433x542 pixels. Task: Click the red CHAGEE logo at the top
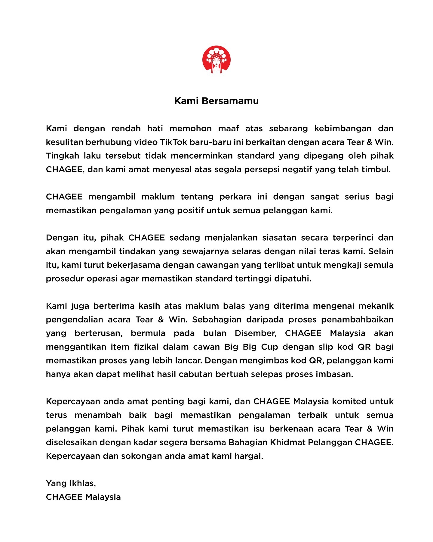point(216,60)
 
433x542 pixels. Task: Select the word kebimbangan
point(343,129)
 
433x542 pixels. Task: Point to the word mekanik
point(376,306)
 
